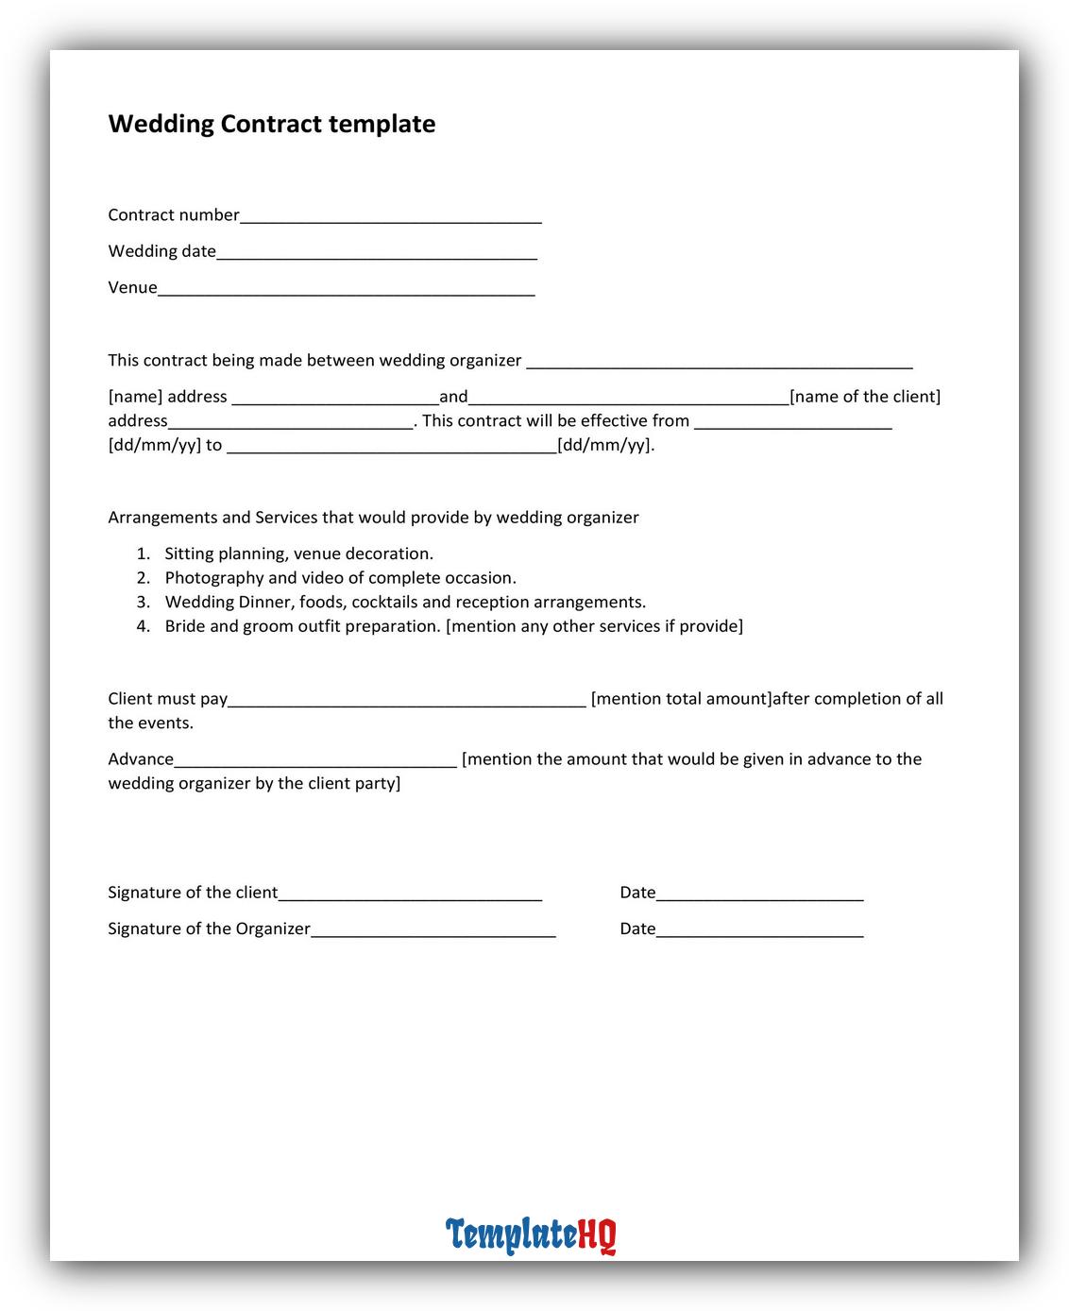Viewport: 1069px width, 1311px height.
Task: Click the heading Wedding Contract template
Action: tap(272, 124)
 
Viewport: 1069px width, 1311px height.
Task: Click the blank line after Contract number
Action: tap(390, 217)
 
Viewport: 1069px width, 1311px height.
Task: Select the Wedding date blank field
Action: tap(377, 253)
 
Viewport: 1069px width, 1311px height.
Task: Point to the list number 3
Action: tap(143, 602)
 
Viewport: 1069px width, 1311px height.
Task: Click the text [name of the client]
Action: tap(865, 397)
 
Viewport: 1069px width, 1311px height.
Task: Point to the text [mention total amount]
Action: tap(681, 699)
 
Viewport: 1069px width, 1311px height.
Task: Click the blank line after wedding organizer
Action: tap(719, 363)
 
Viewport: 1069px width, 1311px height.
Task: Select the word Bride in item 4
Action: tap(185, 626)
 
